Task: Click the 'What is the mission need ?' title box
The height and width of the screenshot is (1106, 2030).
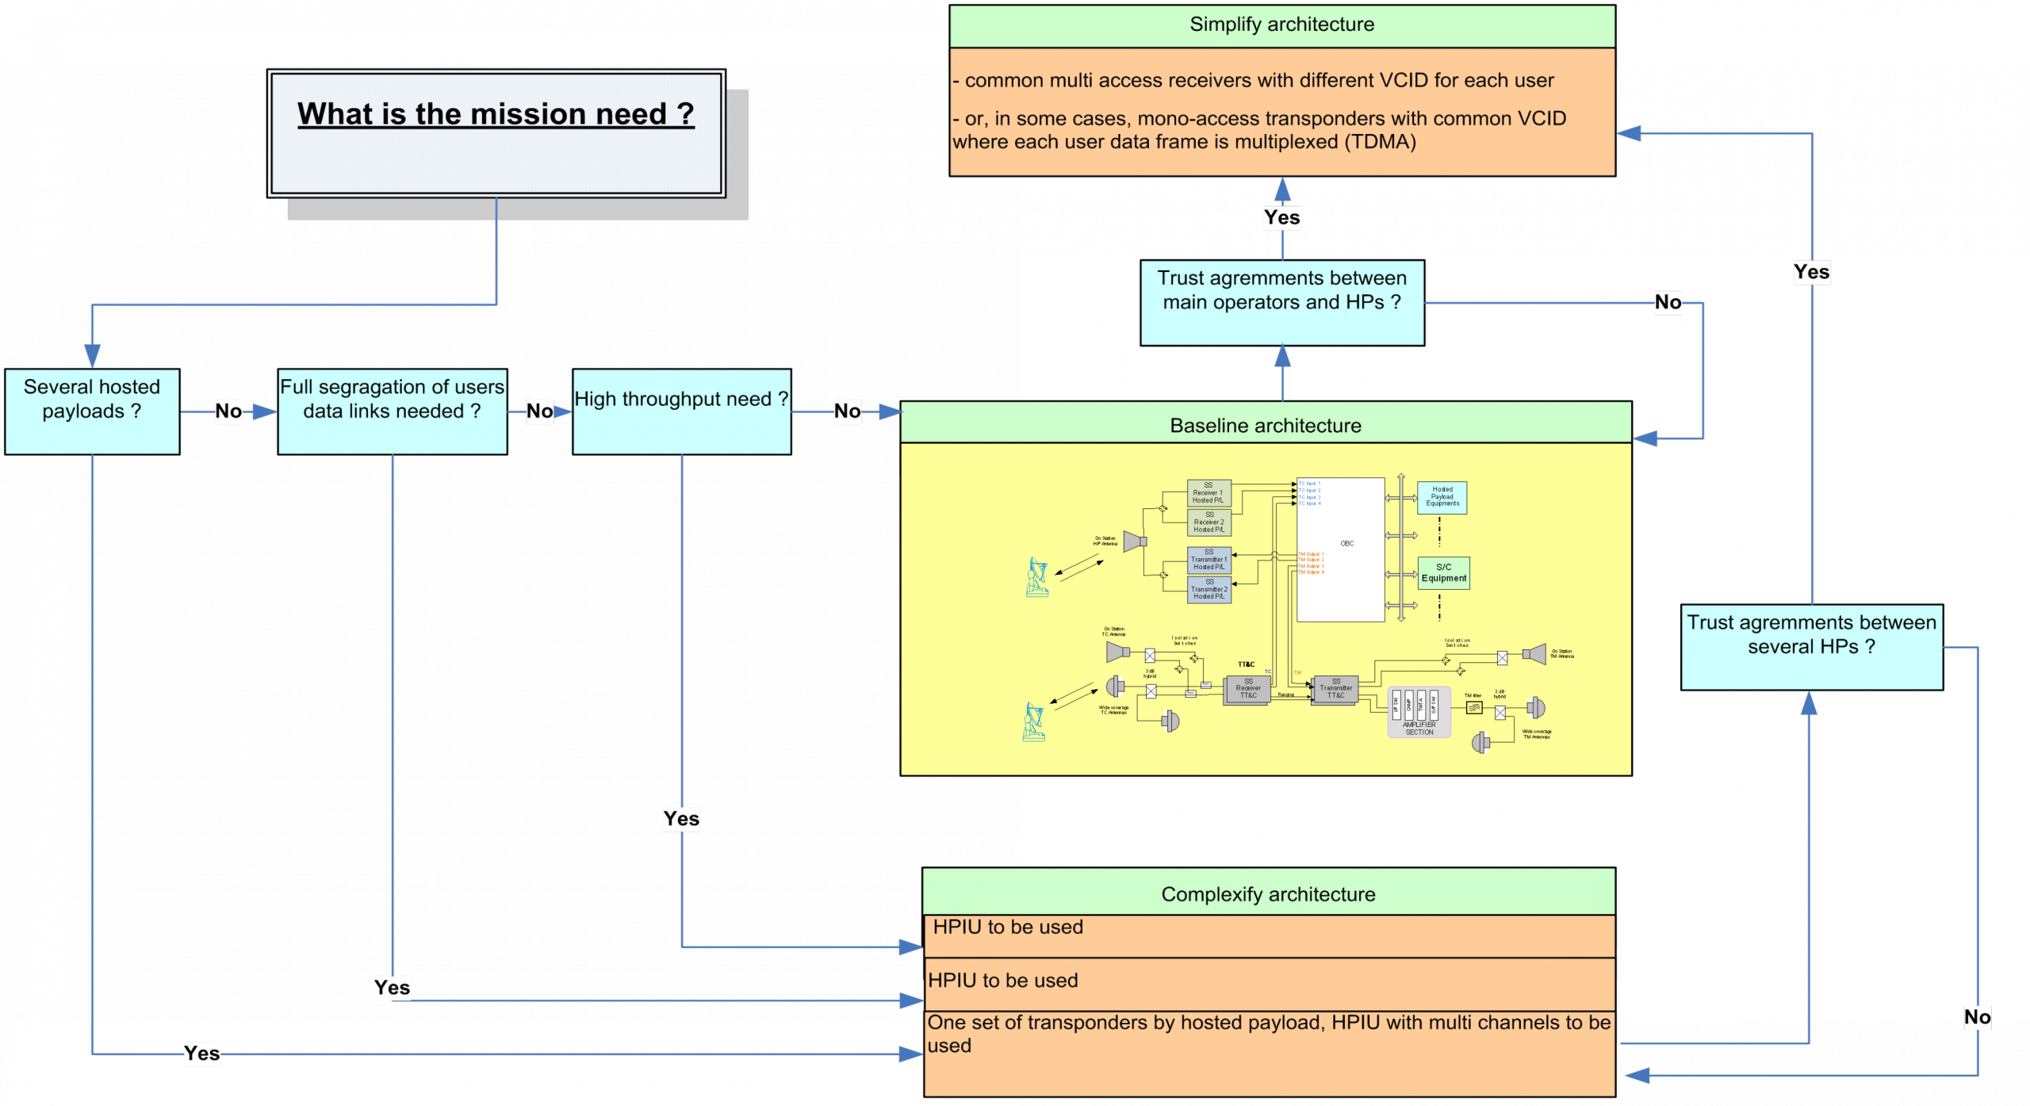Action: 496,132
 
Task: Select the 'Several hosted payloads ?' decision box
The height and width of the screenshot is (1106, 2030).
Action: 92,411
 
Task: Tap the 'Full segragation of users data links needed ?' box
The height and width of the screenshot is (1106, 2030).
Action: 392,411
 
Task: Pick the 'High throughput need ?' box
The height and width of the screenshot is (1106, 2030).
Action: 681,411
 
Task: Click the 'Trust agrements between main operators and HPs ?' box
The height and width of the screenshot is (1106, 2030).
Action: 1281,302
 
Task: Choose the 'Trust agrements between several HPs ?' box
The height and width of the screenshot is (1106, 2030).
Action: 1811,646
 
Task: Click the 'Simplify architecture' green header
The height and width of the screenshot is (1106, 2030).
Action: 1281,25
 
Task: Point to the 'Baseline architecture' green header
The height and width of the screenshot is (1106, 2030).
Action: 1266,425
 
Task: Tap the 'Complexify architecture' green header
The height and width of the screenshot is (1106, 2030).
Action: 1268,894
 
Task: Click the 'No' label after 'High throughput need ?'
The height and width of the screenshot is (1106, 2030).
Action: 847,411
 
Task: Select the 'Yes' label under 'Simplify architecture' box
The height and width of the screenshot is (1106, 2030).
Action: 1281,217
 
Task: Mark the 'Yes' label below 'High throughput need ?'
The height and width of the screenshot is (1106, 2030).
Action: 681,818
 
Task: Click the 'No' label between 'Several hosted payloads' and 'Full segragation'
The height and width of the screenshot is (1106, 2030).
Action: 228,411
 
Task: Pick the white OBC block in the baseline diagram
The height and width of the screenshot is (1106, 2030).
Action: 1340,549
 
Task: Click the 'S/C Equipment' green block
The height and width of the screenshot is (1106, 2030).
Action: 1443,572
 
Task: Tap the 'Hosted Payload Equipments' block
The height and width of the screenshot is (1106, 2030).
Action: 1442,497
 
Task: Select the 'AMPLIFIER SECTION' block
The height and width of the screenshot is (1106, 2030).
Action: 1419,712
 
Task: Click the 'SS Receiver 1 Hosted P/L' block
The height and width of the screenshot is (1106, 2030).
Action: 1208,492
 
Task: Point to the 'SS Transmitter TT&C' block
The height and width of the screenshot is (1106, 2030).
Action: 1335,689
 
